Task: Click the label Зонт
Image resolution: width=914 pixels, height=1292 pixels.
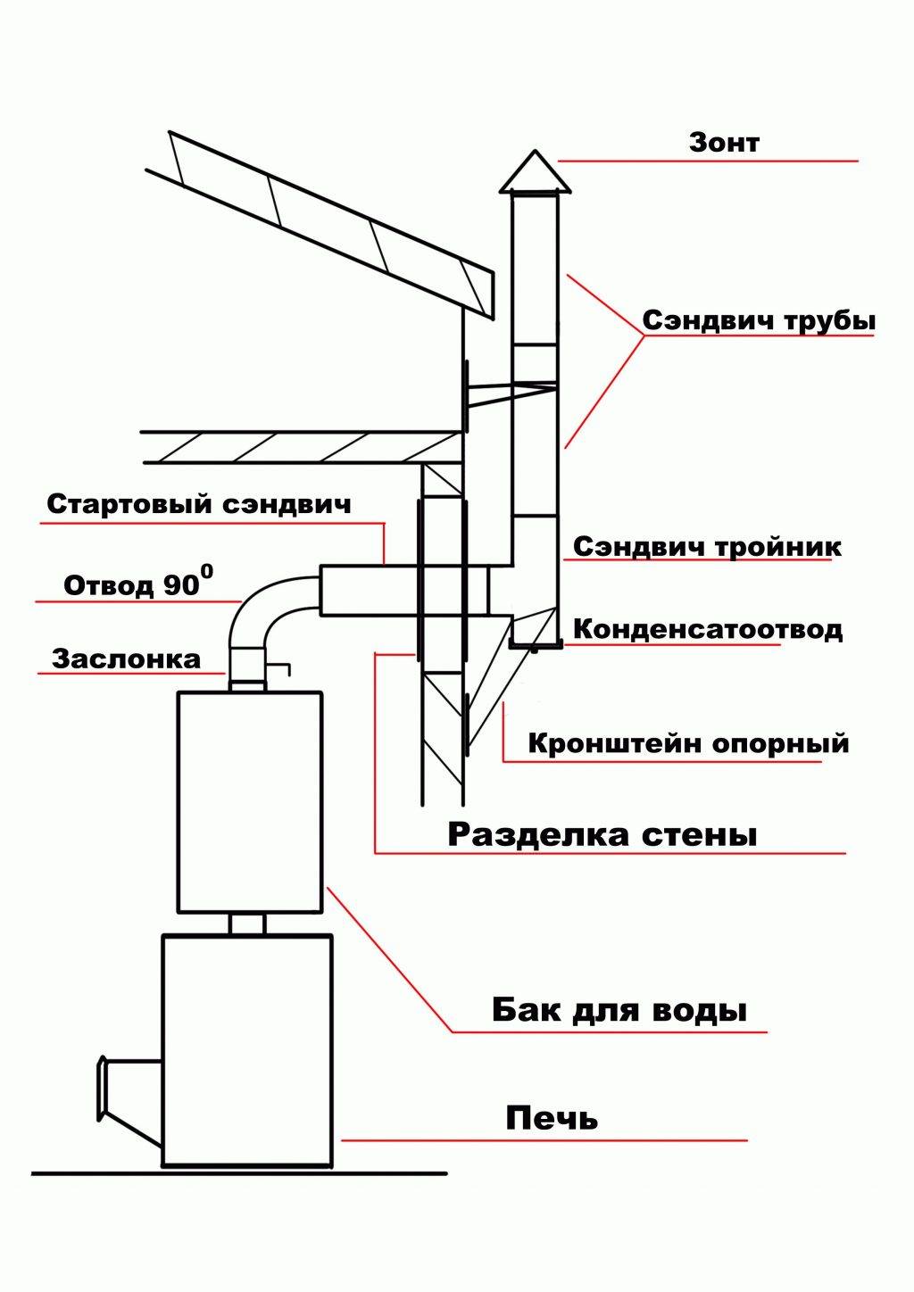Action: pos(724,142)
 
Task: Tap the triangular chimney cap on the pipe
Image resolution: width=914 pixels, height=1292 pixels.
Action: pos(535,175)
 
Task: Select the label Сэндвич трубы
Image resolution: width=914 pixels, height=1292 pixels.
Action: pos(759,321)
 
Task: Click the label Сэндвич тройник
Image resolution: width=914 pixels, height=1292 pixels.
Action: pos(707,546)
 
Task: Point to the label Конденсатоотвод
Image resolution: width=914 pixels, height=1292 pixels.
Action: pos(707,629)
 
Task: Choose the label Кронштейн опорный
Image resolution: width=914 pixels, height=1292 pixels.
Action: pos(688,743)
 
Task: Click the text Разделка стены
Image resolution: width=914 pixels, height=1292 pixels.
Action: pos(602,835)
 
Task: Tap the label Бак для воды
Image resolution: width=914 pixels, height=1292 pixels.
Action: pos(619,1011)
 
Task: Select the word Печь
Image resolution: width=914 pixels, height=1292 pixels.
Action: pos(552,1118)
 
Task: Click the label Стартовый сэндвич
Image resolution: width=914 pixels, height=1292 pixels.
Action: pos(199,504)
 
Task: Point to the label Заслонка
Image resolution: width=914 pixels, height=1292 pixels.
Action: pos(126,660)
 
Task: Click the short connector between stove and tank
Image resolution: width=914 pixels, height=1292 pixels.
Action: pos(248,923)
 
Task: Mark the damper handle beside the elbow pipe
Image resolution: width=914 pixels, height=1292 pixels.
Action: pos(282,667)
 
